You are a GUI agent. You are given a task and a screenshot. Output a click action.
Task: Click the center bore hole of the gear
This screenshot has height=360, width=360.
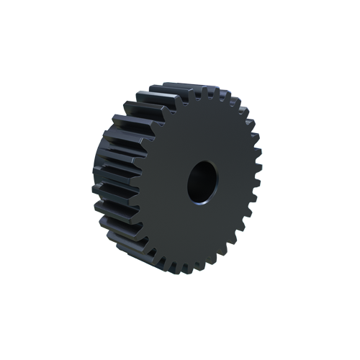202,181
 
